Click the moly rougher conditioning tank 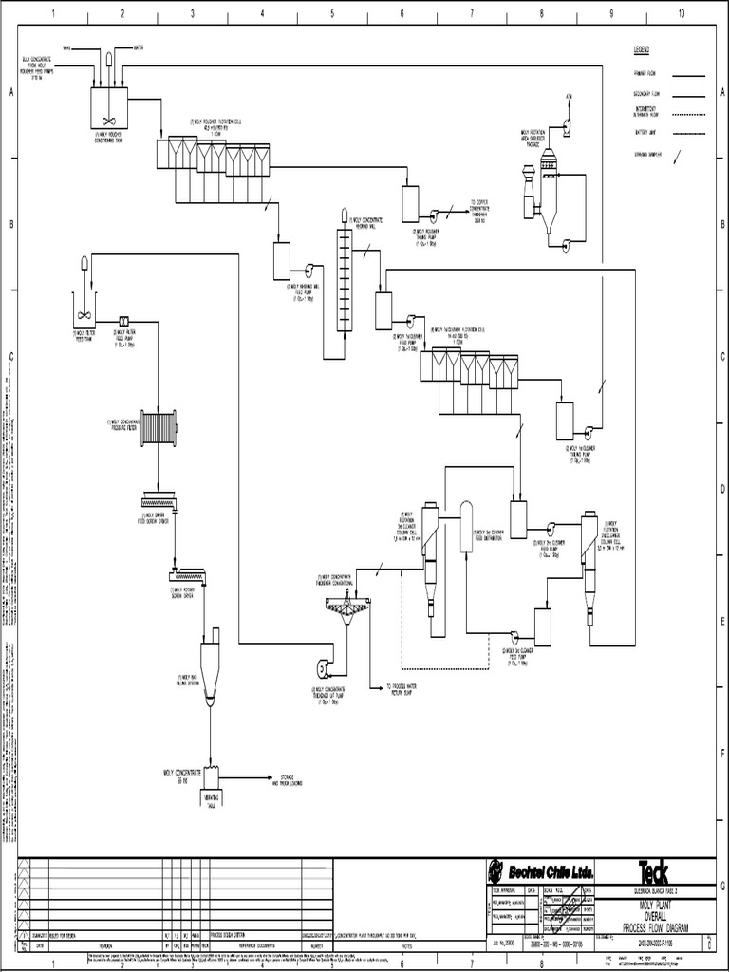(104, 107)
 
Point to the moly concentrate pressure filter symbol (159, 427)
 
